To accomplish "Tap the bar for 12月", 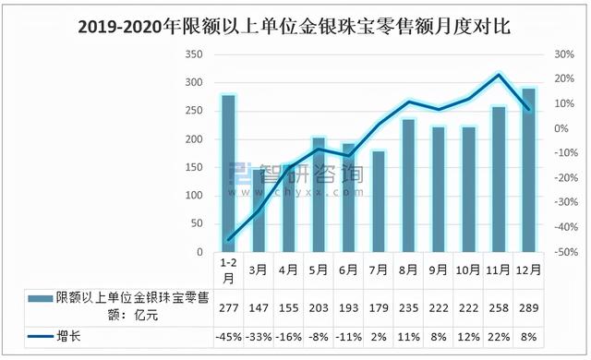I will coord(528,170).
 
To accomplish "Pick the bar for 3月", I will coord(259,210).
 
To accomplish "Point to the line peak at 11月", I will coord(499,75).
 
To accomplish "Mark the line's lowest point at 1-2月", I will coord(228,240).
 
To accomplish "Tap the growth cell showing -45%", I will coord(228,336).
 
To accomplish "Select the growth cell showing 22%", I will coord(499,336).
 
